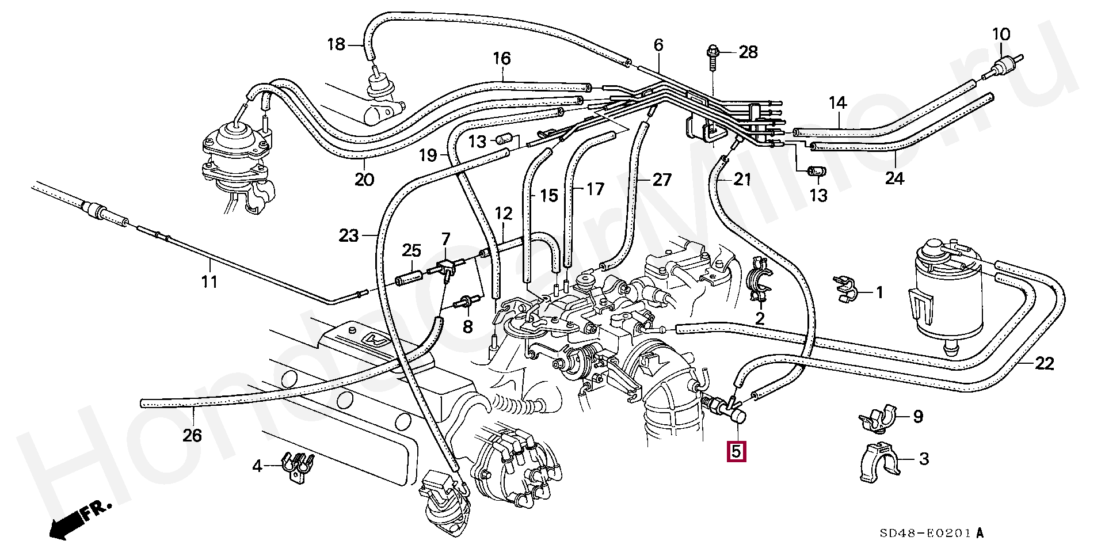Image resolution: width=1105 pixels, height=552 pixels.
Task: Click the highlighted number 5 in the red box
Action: pyautogui.click(x=737, y=451)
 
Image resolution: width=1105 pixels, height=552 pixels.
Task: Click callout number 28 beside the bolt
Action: pyautogui.click(x=748, y=52)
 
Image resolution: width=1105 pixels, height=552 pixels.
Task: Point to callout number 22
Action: pyautogui.click(x=1044, y=364)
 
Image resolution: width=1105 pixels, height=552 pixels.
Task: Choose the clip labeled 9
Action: pyautogui.click(x=878, y=418)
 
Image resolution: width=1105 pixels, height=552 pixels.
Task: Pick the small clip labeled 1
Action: pyautogui.click(x=845, y=288)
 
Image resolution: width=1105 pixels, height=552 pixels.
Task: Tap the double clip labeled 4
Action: pyautogui.click(x=297, y=465)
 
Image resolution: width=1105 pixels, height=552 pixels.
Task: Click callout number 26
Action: pyautogui.click(x=192, y=435)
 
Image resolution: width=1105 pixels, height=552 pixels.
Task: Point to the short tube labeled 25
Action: pyautogui.click(x=409, y=276)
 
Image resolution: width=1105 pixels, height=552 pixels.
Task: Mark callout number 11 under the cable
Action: pyautogui.click(x=209, y=281)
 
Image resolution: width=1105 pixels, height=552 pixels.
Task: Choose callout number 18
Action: pyautogui.click(x=336, y=44)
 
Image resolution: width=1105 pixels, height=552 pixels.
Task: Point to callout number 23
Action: pyautogui.click(x=348, y=235)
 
